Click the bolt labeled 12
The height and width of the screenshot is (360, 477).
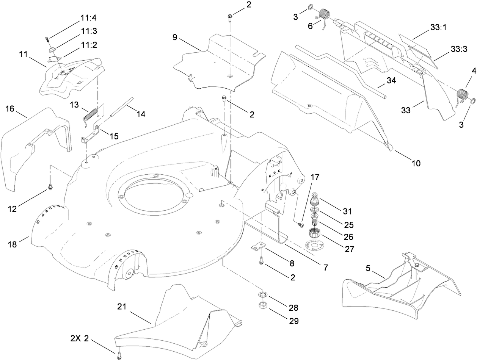click(x=50, y=186)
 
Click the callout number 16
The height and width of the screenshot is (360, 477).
click(x=10, y=99)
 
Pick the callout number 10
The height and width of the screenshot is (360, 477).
click(x=416, y=163)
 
